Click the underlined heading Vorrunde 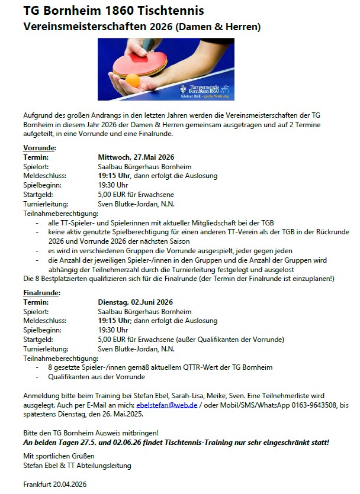coord(40,147)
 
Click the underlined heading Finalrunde coord(42,293)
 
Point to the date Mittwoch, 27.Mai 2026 coord(136,157)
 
